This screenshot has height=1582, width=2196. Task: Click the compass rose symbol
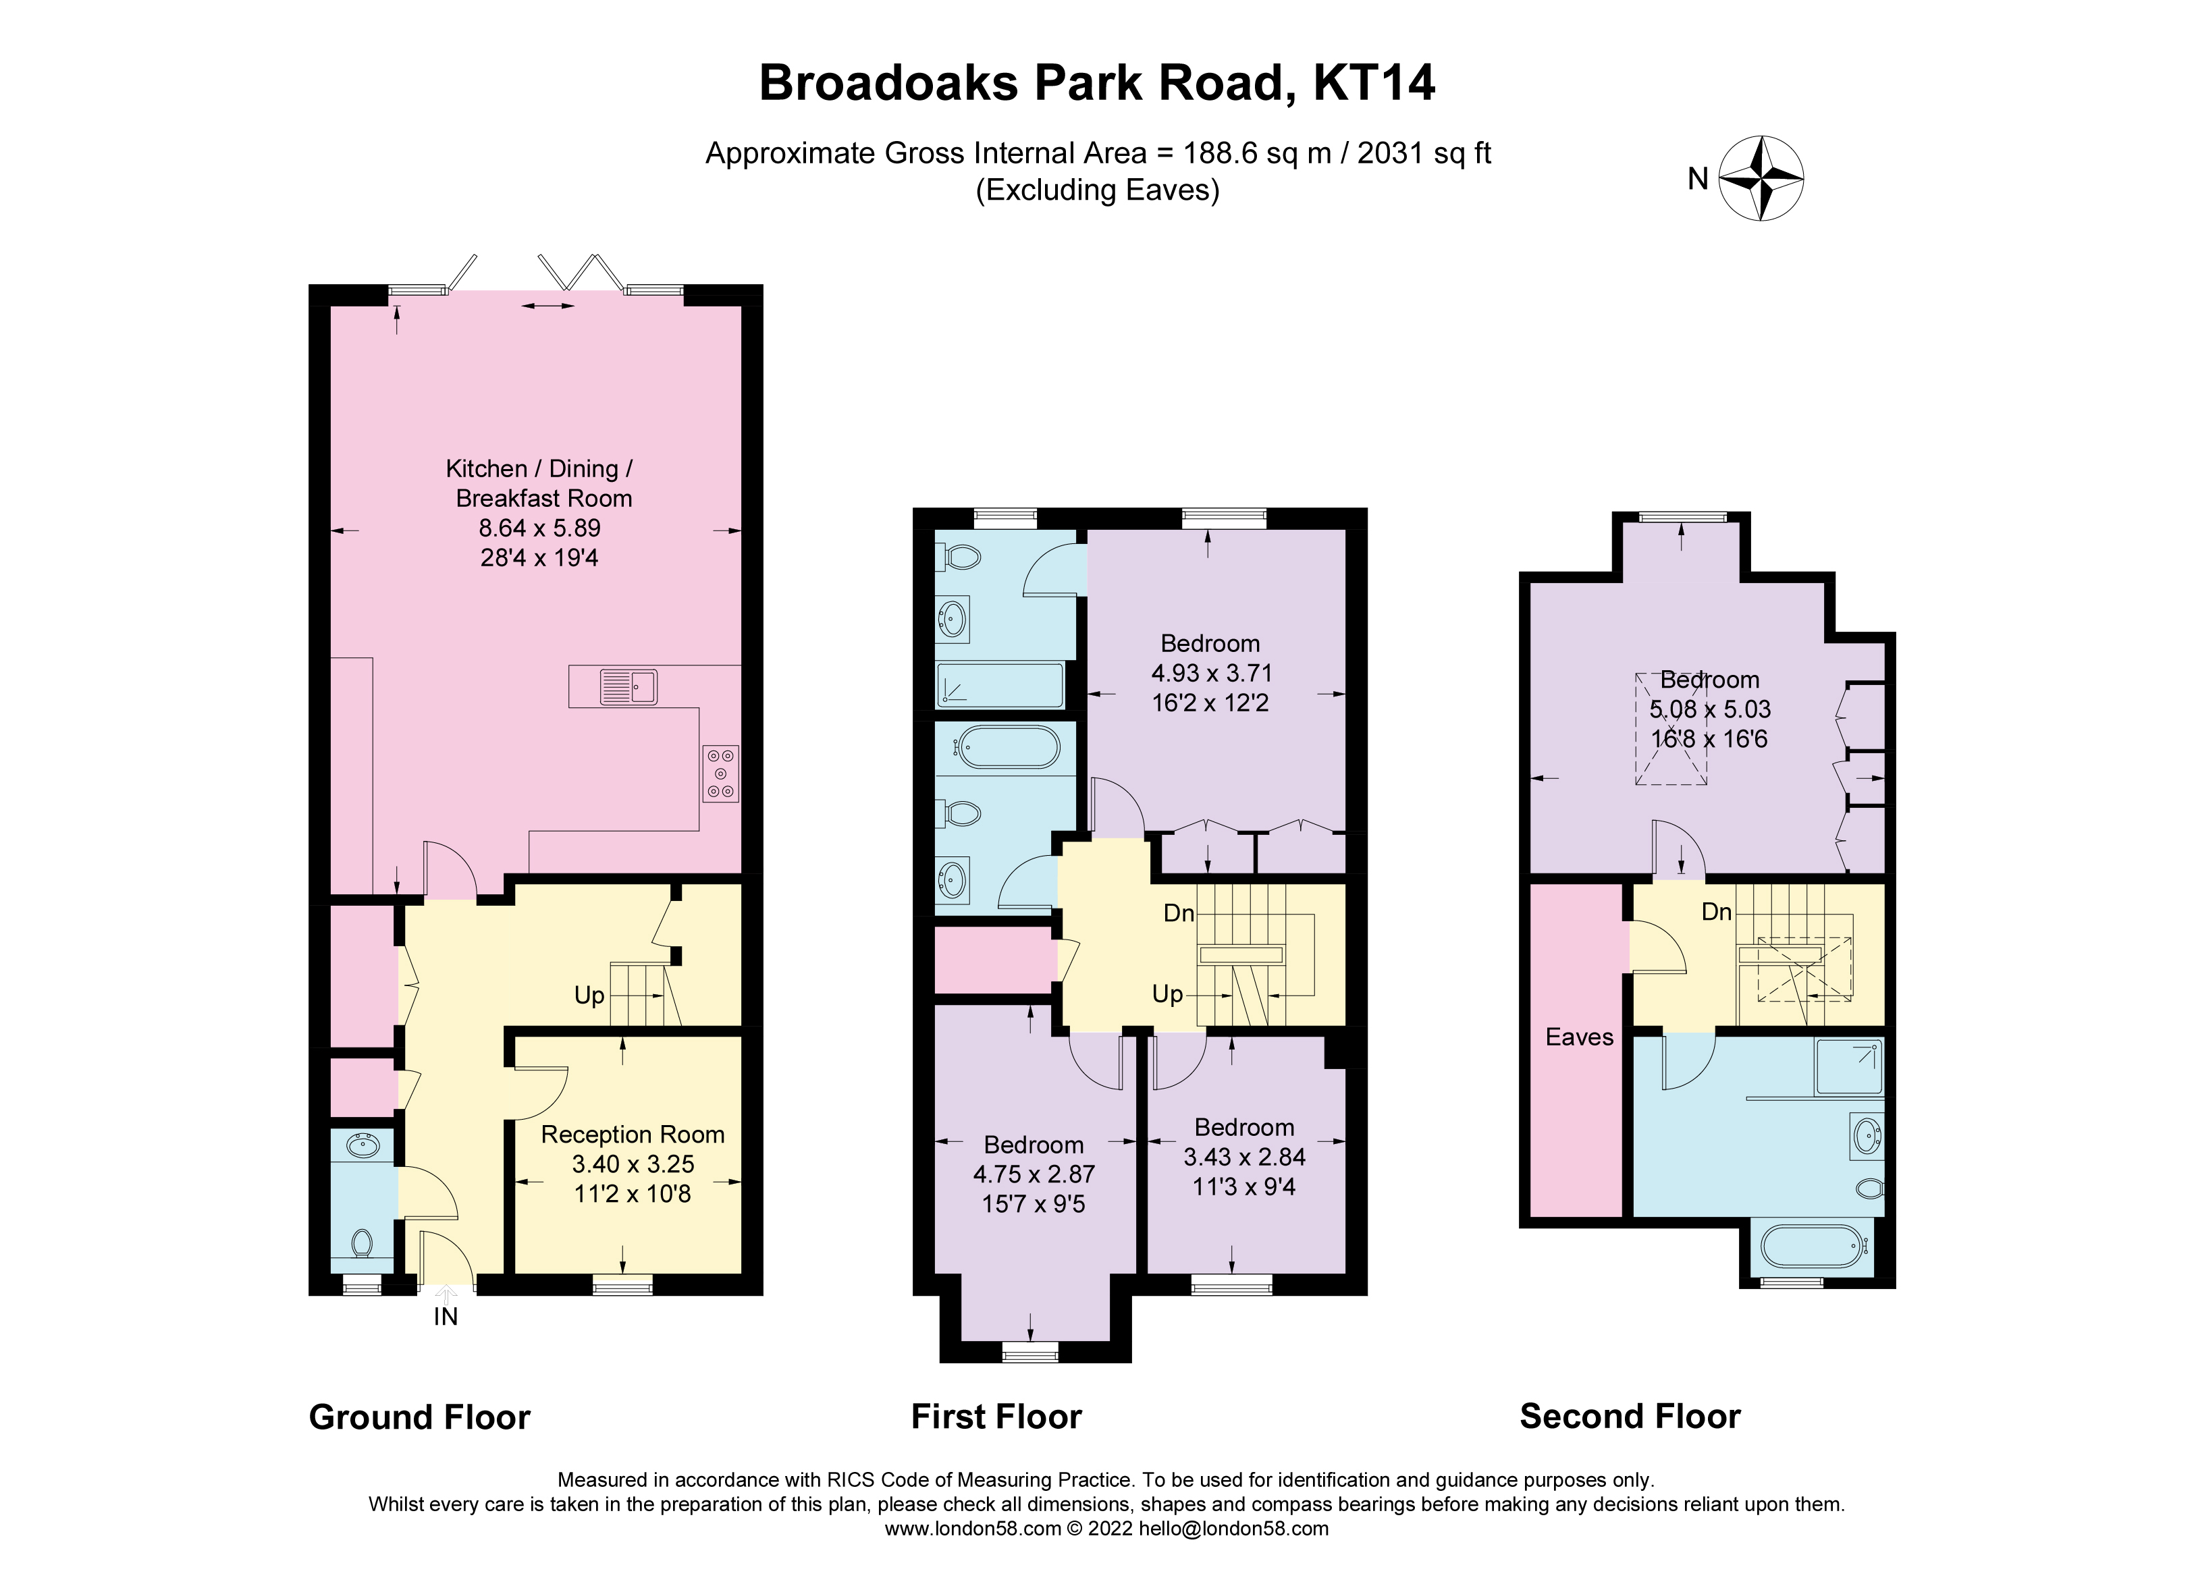click(1761, 178)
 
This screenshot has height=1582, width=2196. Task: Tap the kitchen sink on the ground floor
click(628, 686)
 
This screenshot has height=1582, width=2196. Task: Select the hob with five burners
click(720, 773)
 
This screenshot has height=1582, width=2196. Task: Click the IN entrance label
click(446, 1317)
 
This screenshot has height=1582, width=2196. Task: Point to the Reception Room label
click(633, 1134)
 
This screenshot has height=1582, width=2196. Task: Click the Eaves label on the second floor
click(1579, 1037)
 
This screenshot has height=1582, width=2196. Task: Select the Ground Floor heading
click(419, 1417)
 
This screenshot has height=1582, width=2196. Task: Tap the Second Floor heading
click(1630, 1417)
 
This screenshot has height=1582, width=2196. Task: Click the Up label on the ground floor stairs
click(589, 995)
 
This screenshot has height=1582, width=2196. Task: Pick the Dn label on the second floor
click(1716, 911)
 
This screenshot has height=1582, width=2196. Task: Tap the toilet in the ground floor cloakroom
click(362, 1241)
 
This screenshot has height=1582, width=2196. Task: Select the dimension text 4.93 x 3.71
click(1211, 673)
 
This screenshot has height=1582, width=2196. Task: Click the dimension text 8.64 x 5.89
click(539, 528)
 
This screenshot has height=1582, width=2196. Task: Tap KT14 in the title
click(1374, 82)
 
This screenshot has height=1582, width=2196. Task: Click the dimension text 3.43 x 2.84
click(1244, 1157)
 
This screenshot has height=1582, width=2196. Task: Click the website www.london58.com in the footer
click(972, 1529)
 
